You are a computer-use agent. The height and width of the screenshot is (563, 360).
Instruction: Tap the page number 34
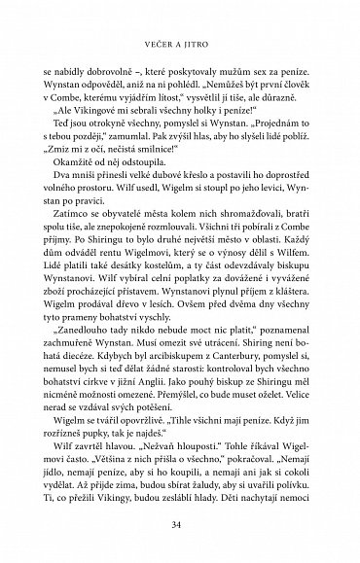click(180, 525)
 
